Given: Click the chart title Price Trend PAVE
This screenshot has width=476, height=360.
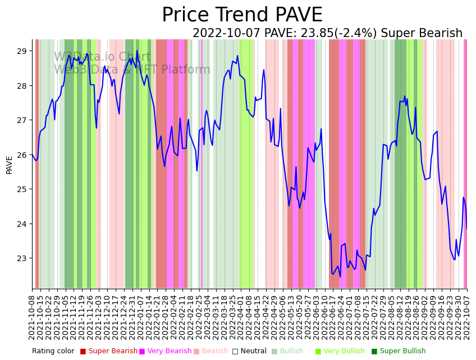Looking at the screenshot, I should (242, 15).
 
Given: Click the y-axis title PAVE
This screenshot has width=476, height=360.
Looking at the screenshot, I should (10, 165).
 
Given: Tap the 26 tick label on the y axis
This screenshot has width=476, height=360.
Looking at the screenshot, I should (22, 155).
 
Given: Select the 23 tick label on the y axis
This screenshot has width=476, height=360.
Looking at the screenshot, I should (22, 258).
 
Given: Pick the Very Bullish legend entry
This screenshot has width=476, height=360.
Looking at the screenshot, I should (344, 352).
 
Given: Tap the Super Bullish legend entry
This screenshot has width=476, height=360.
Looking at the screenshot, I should (402, 352).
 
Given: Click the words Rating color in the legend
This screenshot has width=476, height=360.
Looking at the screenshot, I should (53, 352).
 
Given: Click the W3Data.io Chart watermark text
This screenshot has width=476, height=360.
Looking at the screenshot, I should (102, 57).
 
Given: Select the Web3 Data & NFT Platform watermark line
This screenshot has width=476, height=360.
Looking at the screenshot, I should (132, 70).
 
